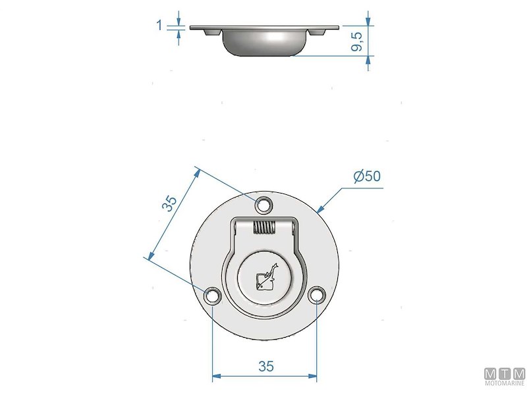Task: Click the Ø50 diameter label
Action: click(x=367, y=176)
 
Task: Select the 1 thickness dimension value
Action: click(x=159, y=25)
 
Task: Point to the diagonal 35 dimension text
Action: click(x=169, y=203)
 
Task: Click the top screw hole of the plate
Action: click(x=264, y=204)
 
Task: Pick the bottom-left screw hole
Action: click(x=212, y=296)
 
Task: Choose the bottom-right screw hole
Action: click(x=317, y=296)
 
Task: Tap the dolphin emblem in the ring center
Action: click(x=265, y=277)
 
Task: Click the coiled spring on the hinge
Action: click(x=264, y=228)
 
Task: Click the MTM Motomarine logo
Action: click(x=505, y=378)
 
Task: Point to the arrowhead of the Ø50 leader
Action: click(x=319, y=209)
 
